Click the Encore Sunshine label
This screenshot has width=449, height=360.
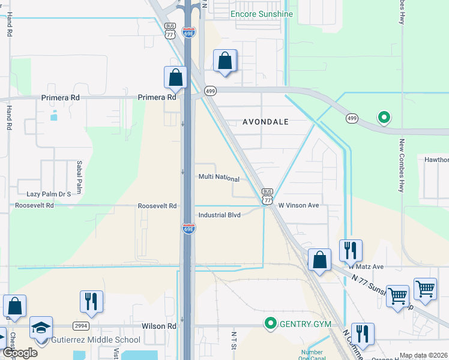pyautogui.click(x=262, y=14)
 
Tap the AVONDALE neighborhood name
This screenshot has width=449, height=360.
pyautogui.click(x=265, y=122)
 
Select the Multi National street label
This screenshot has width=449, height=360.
pyautogui.click(x=219, y=179)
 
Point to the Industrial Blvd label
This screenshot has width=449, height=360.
pyautogui.click(x=219, y=215)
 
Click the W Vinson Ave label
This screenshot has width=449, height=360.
pyautogui.click(x=298, y=205)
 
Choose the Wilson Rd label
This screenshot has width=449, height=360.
pyautogui.click(x=158, y=326)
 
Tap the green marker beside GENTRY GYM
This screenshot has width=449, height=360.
pyautogui.click(x=271, y=324)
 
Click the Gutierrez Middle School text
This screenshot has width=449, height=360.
pyautogui.click(x=97, y=340)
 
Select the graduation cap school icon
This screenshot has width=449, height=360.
pyautogui.click(x=41, y=328)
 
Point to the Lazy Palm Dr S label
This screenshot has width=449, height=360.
pyautogui.click(x=49, y=194)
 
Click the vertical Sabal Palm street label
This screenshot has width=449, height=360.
pyautogui.click(x=79, y=176)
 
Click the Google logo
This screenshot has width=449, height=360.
pyautogui.click(x=20, y=353)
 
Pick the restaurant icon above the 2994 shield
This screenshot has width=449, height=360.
pyautogui.click(x=91, y=301)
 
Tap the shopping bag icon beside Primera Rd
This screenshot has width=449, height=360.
pyautogui.click(x=175, y=77)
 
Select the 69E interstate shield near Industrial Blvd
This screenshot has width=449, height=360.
pyautogui.click(x=188, y=229)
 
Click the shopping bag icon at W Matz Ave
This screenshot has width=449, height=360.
pyautogui.click(x=319, y=260)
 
